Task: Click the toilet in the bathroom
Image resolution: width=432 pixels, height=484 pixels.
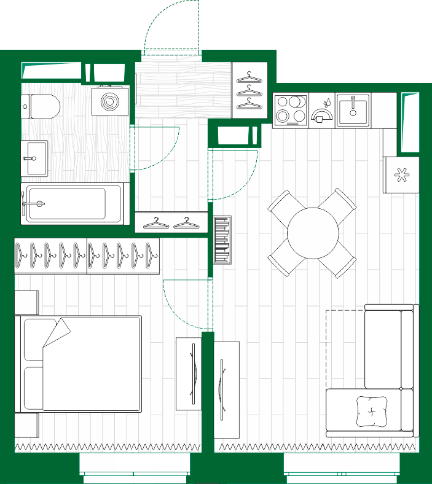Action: (42, 107)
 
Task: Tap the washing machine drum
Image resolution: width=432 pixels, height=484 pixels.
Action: (111, 101)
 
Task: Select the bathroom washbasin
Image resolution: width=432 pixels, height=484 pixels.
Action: (34, 157)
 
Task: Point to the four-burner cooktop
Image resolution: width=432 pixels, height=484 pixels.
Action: (291, 109)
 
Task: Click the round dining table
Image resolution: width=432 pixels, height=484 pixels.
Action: (313, 233)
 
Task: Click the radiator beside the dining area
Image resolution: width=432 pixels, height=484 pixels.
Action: (222, 240)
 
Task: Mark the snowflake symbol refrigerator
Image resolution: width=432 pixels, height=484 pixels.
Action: (401, 175)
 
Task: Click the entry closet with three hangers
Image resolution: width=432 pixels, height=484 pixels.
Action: (250, 90)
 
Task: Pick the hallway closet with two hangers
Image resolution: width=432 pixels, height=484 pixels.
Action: (171, 222)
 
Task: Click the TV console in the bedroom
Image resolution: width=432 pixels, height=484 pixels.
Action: (189, 373)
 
